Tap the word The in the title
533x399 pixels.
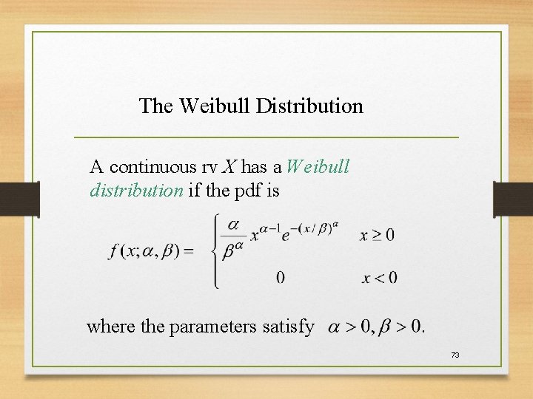[x=155, y=106]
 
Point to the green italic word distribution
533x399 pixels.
[x=136, y=191]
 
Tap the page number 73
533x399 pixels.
[x=455, y=355]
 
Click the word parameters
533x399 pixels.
[x=215, y=326]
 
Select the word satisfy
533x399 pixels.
[x=289, y=326]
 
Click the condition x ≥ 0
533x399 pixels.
[x=378, y=236]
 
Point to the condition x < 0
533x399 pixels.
[x=379, y=278]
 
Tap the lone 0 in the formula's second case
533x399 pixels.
[x=280, y=278]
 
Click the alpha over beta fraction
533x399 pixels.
[x=235, y=236]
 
